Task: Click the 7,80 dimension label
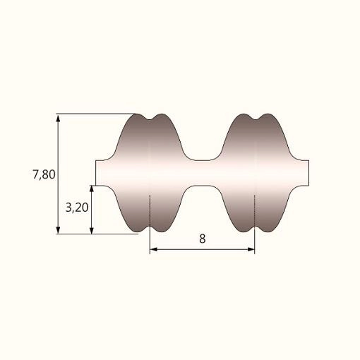coord(44,174)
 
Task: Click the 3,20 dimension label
coord(77,208)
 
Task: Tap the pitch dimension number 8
coord(202,239)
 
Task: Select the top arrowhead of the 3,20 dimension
coord(92,189)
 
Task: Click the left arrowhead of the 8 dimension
coord(154,249)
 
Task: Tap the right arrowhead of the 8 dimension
coord(251,249)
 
